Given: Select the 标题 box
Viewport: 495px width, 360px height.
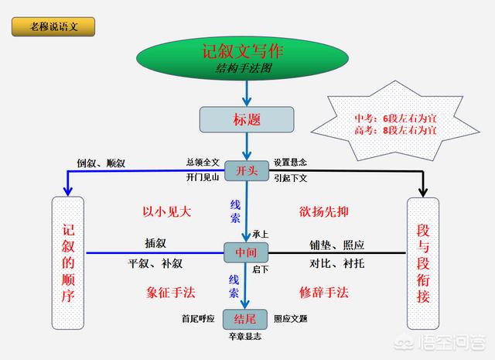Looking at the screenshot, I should tap(247, 120).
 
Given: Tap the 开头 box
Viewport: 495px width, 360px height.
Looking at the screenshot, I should tap(247, 170).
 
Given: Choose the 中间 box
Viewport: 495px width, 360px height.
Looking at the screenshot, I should tap(247, 252).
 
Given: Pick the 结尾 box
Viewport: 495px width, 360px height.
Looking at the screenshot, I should tap(247, 319).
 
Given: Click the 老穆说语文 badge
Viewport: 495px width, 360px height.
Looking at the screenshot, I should tap(54, 26).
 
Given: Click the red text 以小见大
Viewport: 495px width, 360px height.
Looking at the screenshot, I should tap(166, 211).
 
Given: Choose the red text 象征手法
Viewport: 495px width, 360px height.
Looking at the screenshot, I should tap(170, 293).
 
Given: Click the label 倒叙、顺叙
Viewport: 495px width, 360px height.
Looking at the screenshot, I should tap(101, 163).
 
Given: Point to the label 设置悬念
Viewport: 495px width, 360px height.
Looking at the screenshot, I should tap(290, 163).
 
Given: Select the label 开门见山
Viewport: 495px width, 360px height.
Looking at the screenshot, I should tap(203, 178).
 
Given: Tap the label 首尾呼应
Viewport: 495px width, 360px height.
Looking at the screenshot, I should tap(199, 318).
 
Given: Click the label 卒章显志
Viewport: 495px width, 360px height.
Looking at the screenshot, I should tap(245, 338).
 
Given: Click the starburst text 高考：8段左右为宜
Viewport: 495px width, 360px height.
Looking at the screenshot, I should tap(395, 130).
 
